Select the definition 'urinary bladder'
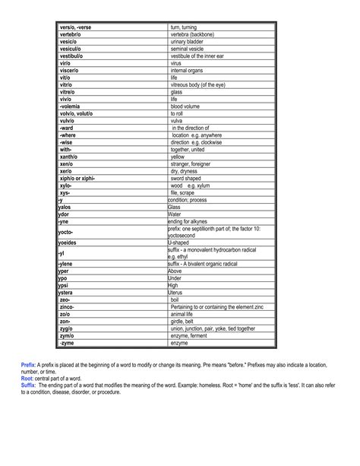tap(187, 42)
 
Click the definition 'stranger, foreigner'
tap(194, 163)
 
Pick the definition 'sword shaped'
tap(188, 177)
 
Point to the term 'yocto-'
tap(66, 231)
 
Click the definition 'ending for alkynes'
tap(191, 220)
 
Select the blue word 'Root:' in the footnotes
tap(27, 377)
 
